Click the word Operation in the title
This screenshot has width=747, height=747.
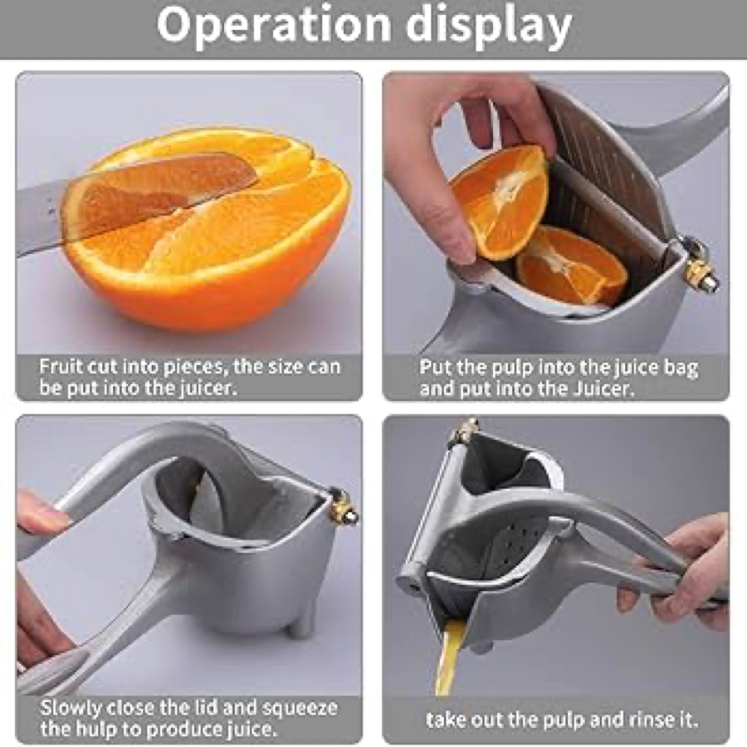click(x=274, y=25)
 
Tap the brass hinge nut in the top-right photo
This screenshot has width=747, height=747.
click(x=702, y=271)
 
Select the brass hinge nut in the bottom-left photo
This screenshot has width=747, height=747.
click(x=344, y=507)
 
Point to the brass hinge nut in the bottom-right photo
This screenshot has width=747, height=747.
click(x=466, y=432)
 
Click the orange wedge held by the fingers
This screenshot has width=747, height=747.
click(x=500, y=200)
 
